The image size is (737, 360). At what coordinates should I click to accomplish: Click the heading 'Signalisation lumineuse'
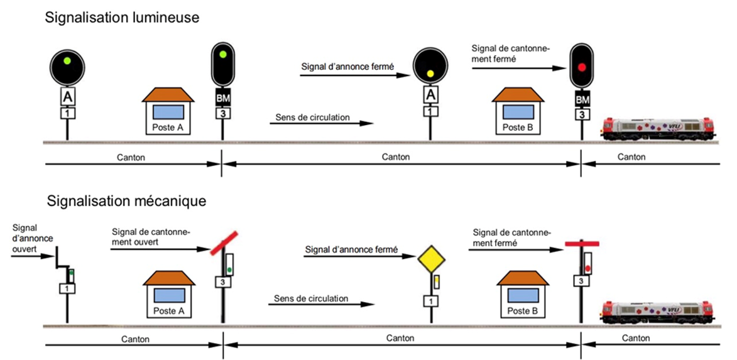click(122, 18)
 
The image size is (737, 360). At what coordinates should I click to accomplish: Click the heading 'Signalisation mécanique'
click(126, 202)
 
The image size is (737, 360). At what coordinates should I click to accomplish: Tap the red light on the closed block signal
click(582, 67)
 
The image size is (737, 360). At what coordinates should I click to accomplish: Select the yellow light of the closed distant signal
click(430, 74)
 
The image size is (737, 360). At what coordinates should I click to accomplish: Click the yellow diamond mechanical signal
click(432, 258)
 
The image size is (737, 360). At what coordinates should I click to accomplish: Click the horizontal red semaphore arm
click(582, 243)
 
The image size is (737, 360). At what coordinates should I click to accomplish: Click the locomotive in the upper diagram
click(657, 128)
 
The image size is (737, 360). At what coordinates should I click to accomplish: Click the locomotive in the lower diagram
click(657, 312)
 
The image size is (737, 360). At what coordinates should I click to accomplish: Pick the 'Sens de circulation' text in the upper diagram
click(312, 117)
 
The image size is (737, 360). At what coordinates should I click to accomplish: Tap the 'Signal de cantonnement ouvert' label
click(151, 237)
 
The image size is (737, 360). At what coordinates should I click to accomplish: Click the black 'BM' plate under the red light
click(582, 99)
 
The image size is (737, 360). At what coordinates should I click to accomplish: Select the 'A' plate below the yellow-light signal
click(430, 95)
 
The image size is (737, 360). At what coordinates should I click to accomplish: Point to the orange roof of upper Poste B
click(516, 94)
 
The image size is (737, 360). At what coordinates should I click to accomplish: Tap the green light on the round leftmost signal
click(66, 61)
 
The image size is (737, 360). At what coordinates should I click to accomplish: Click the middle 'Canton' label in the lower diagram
click(400, 338)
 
